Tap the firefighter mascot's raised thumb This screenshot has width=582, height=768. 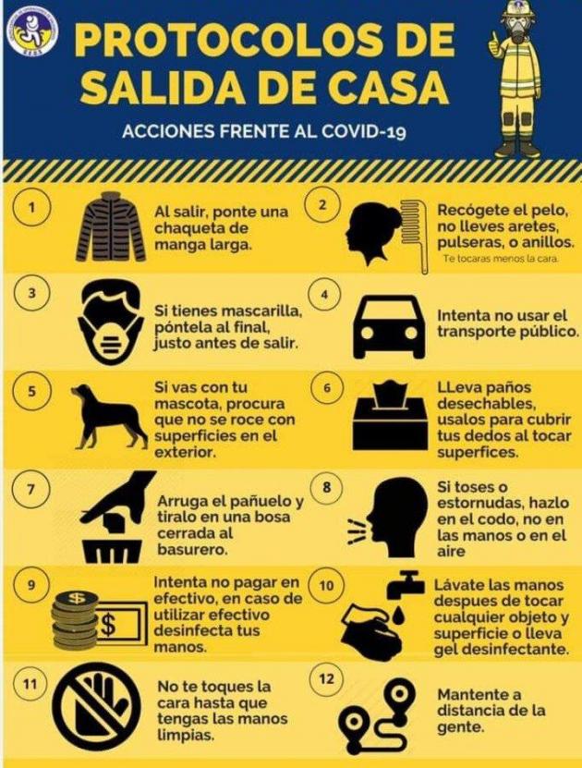pos(494,38)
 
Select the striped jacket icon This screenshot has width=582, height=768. pos(111,227)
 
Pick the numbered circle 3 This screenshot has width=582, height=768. pos(32,293)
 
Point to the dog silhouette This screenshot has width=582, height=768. pos(109,415)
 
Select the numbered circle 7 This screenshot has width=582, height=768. pos(31,489)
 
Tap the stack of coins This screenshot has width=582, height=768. pos(75,618)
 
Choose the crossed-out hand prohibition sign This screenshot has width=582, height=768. pos(96,706)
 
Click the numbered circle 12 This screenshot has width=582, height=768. pos(327,679)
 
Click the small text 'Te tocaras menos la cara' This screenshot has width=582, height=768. pos(501,259)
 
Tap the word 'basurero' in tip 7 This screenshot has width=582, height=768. pos(193,550)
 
